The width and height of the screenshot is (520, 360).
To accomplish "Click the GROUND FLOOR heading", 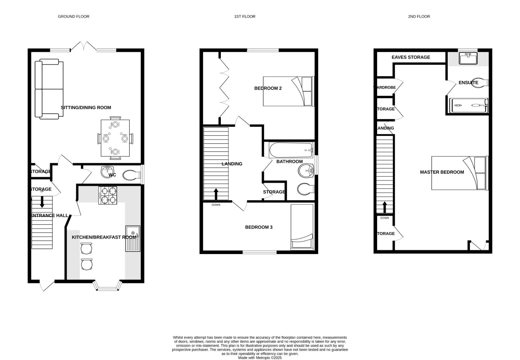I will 73,16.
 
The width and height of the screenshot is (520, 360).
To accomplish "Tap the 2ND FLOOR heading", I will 419,16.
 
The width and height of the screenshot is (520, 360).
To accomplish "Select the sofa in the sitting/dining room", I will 49,89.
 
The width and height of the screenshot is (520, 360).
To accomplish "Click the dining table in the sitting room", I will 115,138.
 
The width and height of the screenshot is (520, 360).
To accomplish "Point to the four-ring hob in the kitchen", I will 108,195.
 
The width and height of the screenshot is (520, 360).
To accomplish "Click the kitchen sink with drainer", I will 133,239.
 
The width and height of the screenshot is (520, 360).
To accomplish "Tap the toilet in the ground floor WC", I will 131,175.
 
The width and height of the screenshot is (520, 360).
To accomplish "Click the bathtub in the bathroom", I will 291,150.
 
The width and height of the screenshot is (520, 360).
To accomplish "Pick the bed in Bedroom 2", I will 288,91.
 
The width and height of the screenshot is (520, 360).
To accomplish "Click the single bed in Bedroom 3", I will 302,227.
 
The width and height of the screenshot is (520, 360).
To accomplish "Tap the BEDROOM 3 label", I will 259,227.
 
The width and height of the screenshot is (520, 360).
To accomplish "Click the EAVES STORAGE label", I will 410,57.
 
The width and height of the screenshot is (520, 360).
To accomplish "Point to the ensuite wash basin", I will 468,58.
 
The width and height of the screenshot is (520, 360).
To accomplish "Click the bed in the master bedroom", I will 459,173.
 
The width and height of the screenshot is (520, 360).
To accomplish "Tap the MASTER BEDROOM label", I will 442,172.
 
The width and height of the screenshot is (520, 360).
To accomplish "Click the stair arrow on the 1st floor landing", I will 216,194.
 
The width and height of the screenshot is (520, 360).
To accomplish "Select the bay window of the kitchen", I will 107,286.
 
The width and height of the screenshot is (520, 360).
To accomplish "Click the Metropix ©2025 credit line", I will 260,358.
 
